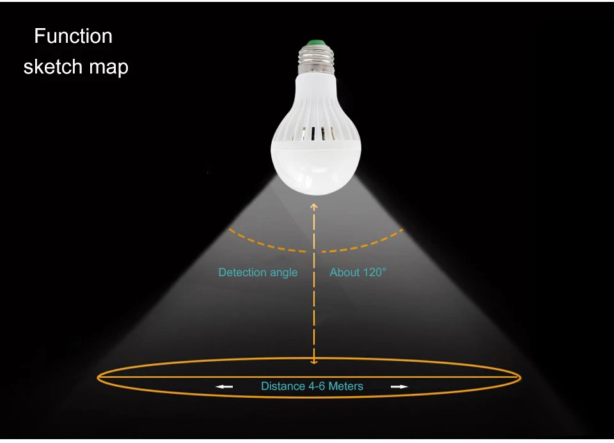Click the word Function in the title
pyautogui.click(x=73, y=36)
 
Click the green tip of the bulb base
pyautogui.click(x=313, y=44)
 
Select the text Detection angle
pyautogui.click(x=258, y=272)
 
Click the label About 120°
pyautogui.click(x=358, y=272)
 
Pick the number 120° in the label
pyautogui.click(x=373, y=272)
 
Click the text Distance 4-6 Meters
pyautogui.click(x=312, y=386)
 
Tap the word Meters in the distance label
pyautogui.click(x=346, y=386)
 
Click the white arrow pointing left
pyautogui.click(x=224, y=387)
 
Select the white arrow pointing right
pyautogui.click(x=399, y=387)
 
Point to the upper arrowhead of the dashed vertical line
pyautogui.click(x=314, y=206)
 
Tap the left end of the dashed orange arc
pyautogui.click(x=230, y=228)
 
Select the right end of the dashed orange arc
pyautogui.click(x=402, y=229)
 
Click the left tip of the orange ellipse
pyautogui.click(x=98, y=378)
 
